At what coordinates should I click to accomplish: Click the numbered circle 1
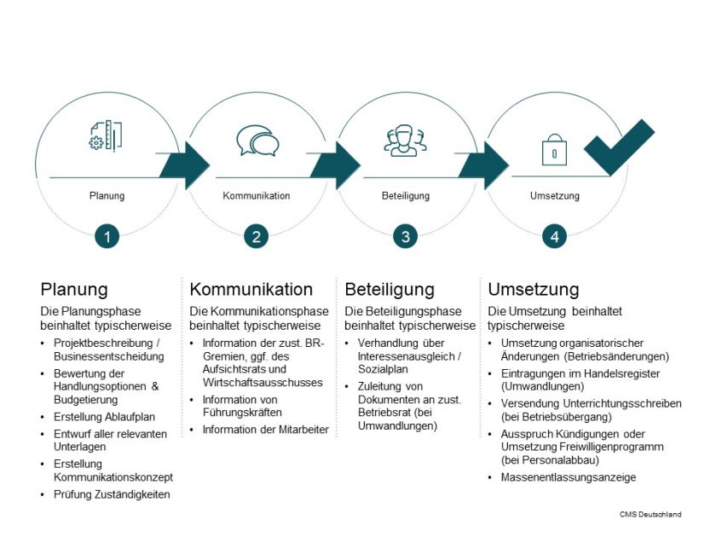click(x=107, y=237)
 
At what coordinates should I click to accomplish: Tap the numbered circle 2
click(x=257, y=237)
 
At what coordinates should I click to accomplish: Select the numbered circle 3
click(x=406, y=237)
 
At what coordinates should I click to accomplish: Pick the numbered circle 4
click(x=555, y=237)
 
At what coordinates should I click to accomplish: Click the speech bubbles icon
click(x=257, y=141)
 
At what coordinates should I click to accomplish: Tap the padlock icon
click(x=554, y=150)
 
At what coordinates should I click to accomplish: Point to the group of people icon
click(x=406, y=141)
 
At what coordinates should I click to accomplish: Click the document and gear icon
click(x=106, y=136)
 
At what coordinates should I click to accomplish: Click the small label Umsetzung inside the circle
click(x=554, y=196)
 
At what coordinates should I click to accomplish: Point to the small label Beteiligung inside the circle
click(x=406, y=196)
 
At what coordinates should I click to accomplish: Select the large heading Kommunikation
click(x=251, y=289)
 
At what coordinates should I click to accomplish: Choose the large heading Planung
click(x=74, y=289)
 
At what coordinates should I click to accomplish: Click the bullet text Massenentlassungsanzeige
click(x=569, y=477)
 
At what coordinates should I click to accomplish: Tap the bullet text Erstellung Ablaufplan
click(x=104, y=417)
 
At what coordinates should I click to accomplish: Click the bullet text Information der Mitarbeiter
click(x=265, y=430)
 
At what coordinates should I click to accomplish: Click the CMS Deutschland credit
click(x=650, y=514)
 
